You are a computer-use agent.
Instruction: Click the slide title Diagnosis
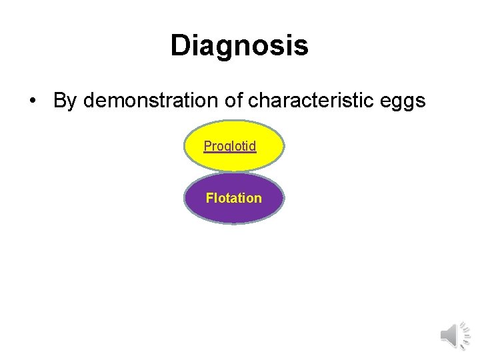point(239,46)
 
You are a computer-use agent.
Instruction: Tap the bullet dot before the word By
point(32,101)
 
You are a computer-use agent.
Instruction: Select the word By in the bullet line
point(65,101)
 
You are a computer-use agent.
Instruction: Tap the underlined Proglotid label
point(230,146)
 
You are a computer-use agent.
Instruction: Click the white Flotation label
point(233,198)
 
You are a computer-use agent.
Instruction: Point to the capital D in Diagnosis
point(181,46)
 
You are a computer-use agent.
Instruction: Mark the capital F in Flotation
point(210,198)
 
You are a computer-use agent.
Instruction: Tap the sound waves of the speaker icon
point(465,335)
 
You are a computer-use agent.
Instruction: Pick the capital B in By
point(59,101)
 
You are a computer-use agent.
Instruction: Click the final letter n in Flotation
point(257,198)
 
